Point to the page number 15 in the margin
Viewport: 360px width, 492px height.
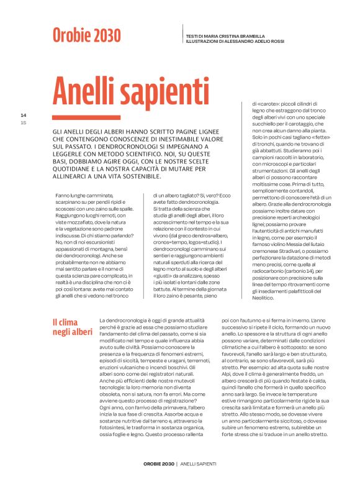tap(24, 121)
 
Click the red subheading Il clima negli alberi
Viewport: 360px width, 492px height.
tap(70, 327)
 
